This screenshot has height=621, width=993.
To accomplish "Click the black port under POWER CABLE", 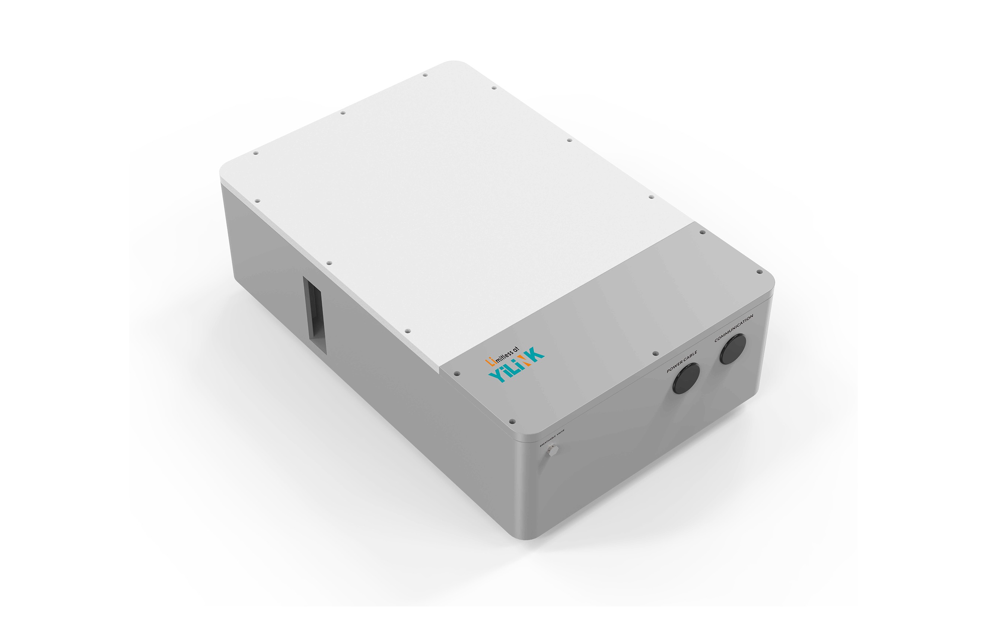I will [686, 378].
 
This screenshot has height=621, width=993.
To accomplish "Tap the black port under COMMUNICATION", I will [733, 348].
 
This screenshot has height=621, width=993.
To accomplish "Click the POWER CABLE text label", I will [682, 362].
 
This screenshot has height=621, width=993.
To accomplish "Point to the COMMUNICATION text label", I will [733, 328].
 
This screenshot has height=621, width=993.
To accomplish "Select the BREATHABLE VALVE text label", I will [552, 438].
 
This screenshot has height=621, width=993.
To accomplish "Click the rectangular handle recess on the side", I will [315, 315].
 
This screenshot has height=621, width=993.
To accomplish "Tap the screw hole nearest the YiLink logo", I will [457, 374].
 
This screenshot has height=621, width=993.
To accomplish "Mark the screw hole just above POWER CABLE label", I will [655, 353].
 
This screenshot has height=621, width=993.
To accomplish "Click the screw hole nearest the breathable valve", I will [512, 421].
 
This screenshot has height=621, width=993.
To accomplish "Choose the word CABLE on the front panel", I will [690, 357].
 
